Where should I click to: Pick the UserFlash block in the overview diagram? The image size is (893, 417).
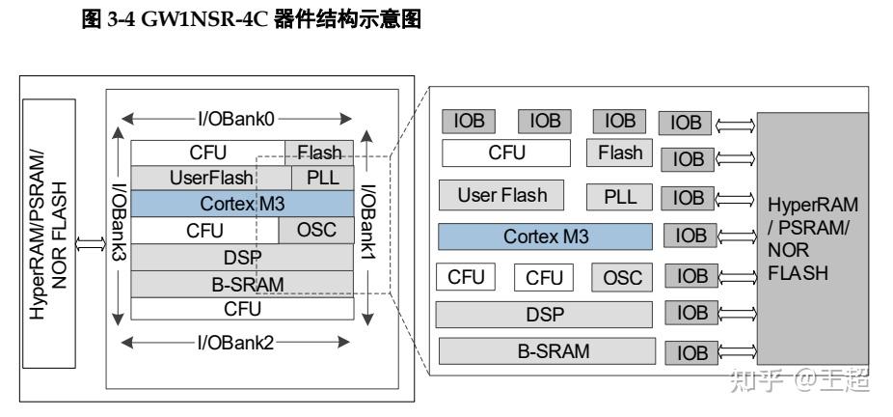click(x=211, y=178)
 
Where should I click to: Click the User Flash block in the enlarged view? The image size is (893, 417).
click(x=501, y=195)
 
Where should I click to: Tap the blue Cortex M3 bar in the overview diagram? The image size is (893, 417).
click(x=241, y=204)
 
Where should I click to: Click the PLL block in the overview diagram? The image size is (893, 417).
click(x=322, y=178)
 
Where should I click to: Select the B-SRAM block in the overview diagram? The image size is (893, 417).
click(x=241, y=284)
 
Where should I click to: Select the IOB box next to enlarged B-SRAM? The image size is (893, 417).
click(x=686, y=352)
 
